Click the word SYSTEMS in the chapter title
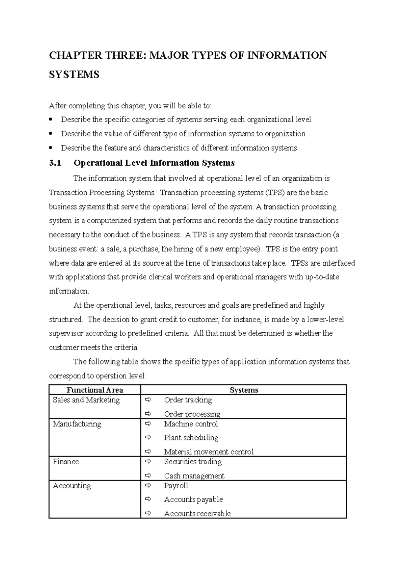74,74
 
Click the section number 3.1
55,163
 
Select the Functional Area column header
94,390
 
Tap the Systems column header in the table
244,390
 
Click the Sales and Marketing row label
86,400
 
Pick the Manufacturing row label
77,424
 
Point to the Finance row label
65,462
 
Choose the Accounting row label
72,486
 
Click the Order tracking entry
188,400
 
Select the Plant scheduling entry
191,438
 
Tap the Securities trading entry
193,462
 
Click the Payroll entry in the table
176,486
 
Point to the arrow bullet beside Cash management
148,475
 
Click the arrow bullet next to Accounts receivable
148,513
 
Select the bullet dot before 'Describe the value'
51,134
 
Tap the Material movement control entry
209,452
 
